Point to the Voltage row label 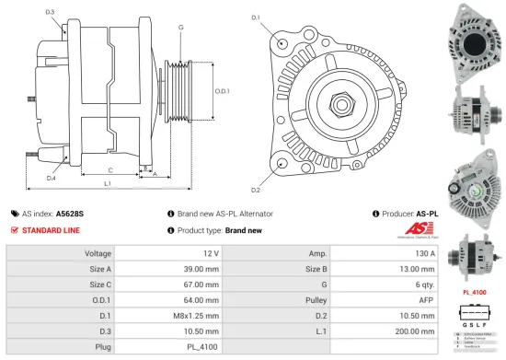click(98, 252)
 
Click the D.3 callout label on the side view click(49, 12)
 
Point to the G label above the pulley click(181, 28)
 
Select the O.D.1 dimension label click(223, 91)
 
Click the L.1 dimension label click(108, 185)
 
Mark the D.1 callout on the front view click(256, 17)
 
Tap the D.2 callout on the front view click(256, 190)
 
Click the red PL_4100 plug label click(474, 292)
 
